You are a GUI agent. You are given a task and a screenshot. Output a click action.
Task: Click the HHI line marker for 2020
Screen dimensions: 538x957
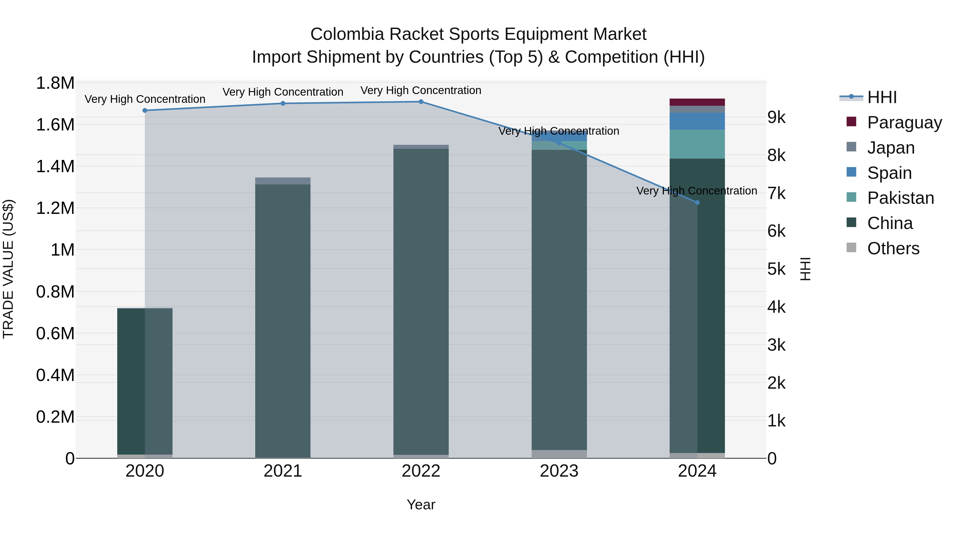pyautogui.click(x=145, y=110)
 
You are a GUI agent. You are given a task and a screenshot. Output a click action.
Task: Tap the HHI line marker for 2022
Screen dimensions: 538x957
pyautogui.click(x=421, y=102)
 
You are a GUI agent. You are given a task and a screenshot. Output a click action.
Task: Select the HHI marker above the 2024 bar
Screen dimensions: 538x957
pyautogui.click(x=697, y=202)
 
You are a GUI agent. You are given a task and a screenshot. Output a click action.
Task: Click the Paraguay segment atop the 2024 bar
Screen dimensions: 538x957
pyautogui.click(x=697, y=102)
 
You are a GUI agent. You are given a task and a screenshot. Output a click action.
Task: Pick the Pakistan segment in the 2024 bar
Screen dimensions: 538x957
pyautogui.click(x=697, y=144)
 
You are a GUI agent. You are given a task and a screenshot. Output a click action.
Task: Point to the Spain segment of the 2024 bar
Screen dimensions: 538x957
pyautogui.click(x=697, y=121)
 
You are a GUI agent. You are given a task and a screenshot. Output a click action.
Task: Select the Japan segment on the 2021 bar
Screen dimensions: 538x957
pyautogui.click(x=283, y=181)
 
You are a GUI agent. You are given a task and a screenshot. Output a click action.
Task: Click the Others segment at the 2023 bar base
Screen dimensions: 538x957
pyautogui.click(x=559, y=454)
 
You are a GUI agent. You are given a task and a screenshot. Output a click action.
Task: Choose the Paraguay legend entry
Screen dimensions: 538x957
pyautogui.click(x=904, y=122)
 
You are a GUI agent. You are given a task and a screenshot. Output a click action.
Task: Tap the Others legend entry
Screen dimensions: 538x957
pyautogui.click(x=893, y=248)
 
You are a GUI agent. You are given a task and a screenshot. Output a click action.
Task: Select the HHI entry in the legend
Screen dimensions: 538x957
pyautogui.click(x=882, y=97)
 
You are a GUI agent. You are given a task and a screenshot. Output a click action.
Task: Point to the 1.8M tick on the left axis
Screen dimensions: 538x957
pyautogui.click(x=55, y=83)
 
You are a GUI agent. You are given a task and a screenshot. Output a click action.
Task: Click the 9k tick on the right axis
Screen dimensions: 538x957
pyautogui.click(x=776, y=117)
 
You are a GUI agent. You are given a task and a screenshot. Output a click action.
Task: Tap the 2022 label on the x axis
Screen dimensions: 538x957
pyautogui.click(x=421, y=471)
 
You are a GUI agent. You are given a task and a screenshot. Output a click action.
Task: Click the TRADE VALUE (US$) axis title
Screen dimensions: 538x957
pyautogui.click(x=8, y=269)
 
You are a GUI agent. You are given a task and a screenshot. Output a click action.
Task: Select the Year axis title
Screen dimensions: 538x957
pyautogui.click(x=421, y=505)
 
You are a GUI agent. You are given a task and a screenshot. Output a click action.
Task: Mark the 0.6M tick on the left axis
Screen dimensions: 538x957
pyautogui.click(x=55, y=333)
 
